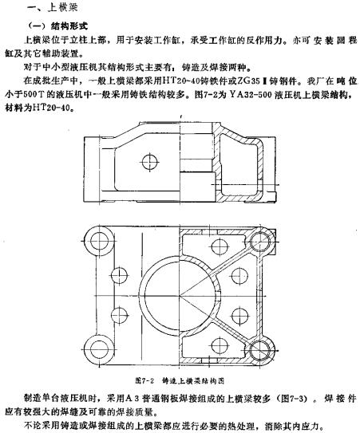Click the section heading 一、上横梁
52,7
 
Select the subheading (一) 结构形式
58,26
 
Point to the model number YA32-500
250,95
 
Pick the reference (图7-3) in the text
295,399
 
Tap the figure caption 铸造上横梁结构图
193,381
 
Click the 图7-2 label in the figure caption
144,381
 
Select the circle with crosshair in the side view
150,162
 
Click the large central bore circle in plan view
180,296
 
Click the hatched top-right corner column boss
261,242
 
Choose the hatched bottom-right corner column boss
261,350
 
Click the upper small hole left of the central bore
120,275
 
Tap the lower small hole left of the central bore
120,315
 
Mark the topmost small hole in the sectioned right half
220,246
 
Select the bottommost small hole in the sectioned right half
220,346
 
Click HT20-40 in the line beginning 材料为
53,108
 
